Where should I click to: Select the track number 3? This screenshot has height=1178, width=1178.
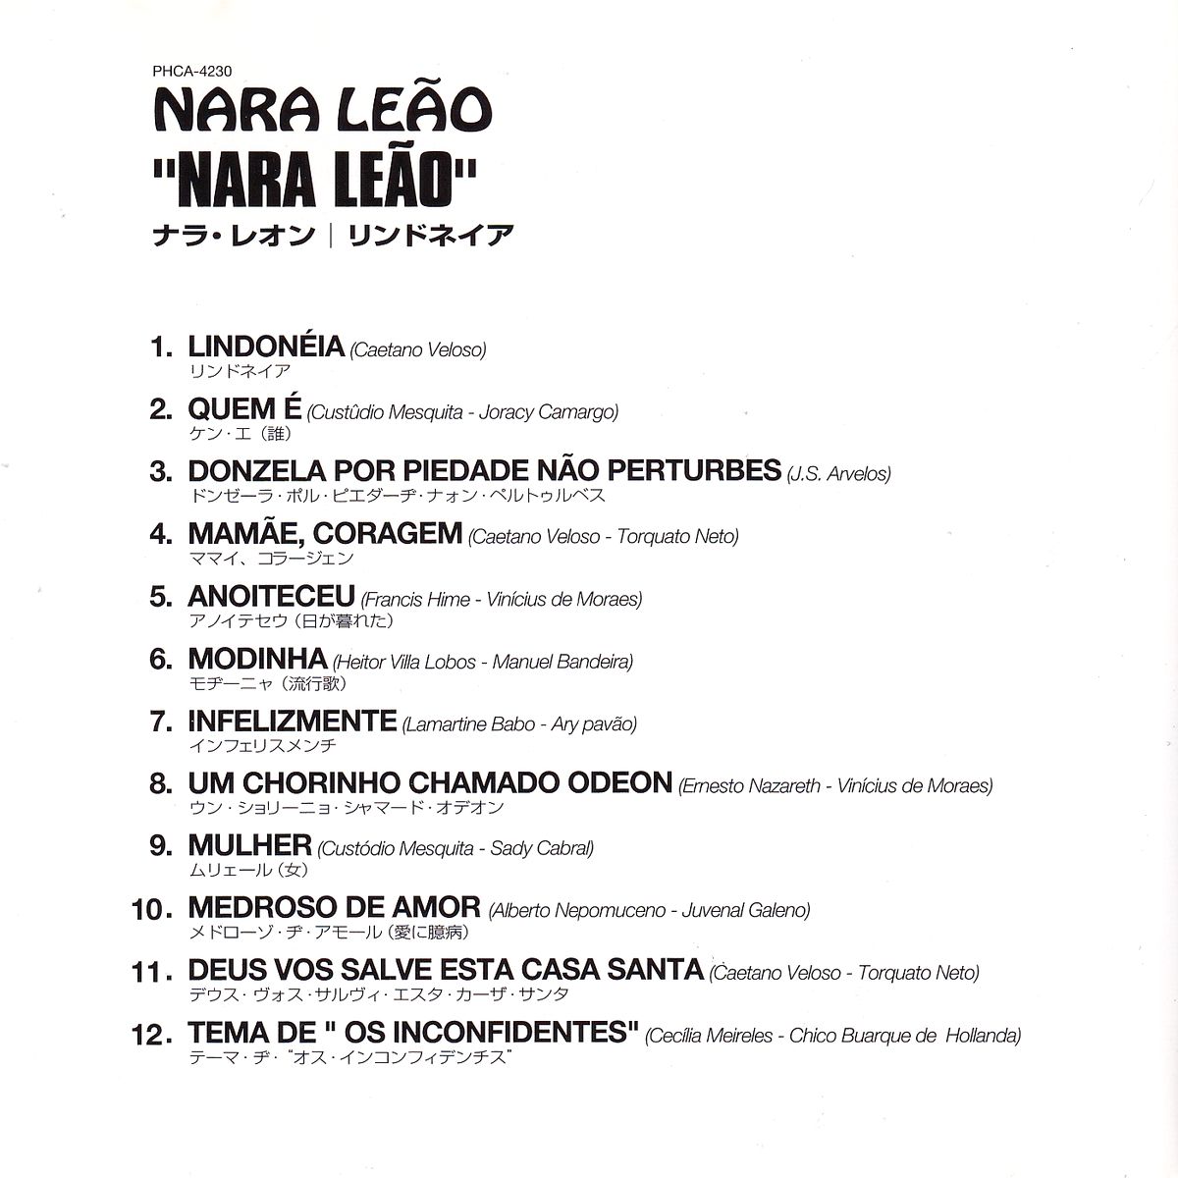(x=160, y=471)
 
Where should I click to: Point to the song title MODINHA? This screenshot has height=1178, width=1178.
(x=257, y=659)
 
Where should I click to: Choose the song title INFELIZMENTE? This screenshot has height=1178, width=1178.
(x=292, y=722)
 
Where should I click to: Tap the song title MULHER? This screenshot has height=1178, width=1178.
(x=249, y=845)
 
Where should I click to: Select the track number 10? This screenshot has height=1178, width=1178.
(x=151, y=910)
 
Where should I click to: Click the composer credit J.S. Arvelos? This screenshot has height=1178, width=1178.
(x=839, y=474)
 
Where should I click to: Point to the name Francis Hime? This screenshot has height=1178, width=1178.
(x=415, y=599)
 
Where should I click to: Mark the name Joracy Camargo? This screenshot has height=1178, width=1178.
(x=549, y=411)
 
